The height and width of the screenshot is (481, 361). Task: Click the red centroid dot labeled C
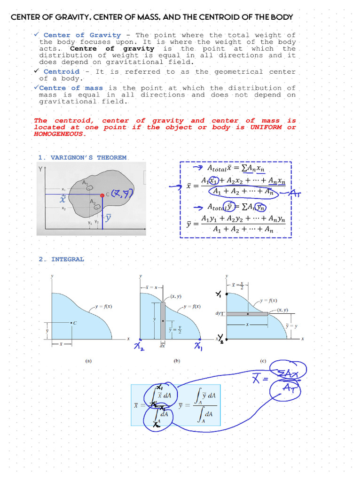102,194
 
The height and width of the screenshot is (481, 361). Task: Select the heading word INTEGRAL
68,259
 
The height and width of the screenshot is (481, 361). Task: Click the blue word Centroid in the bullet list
61,72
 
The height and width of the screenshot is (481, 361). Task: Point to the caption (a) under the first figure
88,361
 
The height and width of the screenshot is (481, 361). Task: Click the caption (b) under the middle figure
177,361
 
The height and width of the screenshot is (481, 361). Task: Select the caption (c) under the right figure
263,361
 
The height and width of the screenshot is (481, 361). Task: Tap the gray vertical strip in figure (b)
163,319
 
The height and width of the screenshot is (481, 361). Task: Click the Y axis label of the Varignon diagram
40,169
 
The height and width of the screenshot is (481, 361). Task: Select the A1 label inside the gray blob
85,183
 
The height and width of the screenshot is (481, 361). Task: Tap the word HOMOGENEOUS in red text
60,134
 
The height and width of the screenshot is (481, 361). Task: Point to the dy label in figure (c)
219,313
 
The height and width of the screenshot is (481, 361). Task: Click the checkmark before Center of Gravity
36,34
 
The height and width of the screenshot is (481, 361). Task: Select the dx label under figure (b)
162,345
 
